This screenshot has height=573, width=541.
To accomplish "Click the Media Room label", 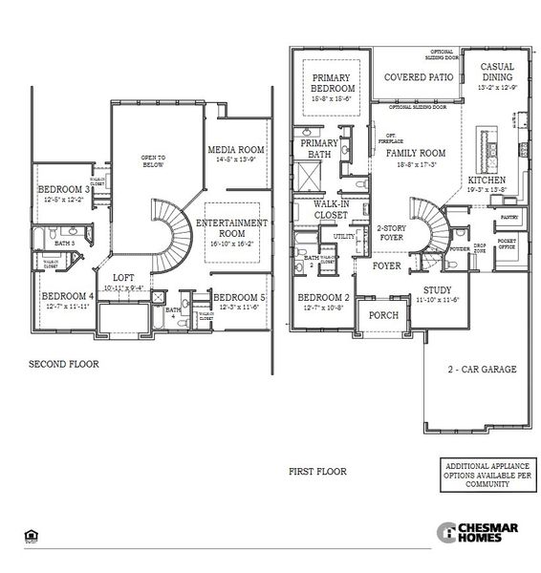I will pyautogui.click(x=237, y=150).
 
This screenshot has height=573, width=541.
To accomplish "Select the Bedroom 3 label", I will pyautogui.click(x=65, y=190).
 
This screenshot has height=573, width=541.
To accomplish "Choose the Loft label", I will pyautogui.click(x=122, y=279).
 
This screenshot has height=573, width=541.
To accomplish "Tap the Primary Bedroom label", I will pyautogui.click(x=331, y=84).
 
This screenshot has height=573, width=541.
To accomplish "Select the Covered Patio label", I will pyautogui.click(x=417, y=76).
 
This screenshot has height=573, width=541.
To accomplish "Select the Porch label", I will pyautogui.click(x=384, y=314).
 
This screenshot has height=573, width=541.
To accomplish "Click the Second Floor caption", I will pyautogui.click(x=63, y=364).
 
